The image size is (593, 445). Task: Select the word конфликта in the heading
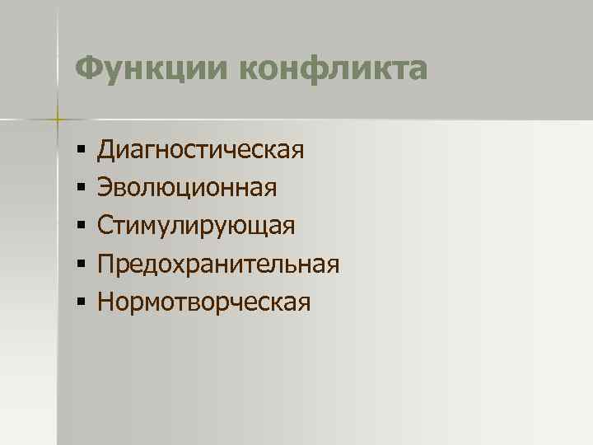pyautogui.click(x=334, y=68)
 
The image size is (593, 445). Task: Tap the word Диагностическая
pyautogui.click(x=201, y=151)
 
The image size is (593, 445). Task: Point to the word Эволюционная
pyautogui.click(x=187, y=189)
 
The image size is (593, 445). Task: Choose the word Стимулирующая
pyautogui.click(x=195, y=227)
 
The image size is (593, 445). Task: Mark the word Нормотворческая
pyautogui.click(x=204, y=302)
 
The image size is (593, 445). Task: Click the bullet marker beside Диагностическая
pyautogui.click(x=80, y=151)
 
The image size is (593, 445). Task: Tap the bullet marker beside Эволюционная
pyautogui.click(x=80, y=189)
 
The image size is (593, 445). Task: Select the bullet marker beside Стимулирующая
pyautogui.click(x=80, y=227)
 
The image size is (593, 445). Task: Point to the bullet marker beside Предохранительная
pyautogui.click(x=80, y=265)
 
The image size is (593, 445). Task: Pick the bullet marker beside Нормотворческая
pyautogui.click(x=80, y=302)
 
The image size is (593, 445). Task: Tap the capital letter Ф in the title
pyautogui.click(x=86, y=68)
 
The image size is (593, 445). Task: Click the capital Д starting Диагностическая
pyautogui.click(x=106, y=151)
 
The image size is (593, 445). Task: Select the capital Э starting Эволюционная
pyautogui.click(x=105, y=189)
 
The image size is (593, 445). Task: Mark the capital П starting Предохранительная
pyautogui.click(x=105, y=265)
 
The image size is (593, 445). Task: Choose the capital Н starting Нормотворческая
pyautogui.click(x=105, y=302)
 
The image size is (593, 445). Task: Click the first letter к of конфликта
pyautogui.click(x=250, y=70)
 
